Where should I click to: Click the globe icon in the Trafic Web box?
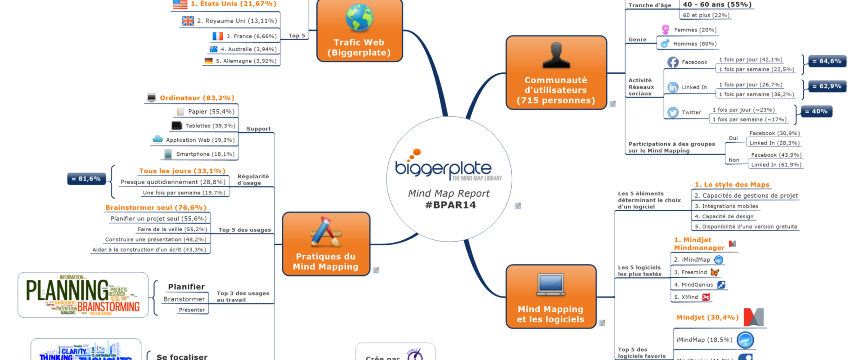(x=359, y=18)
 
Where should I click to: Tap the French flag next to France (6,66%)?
(x=218, y=36)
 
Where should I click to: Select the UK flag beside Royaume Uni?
(x=188, y=21)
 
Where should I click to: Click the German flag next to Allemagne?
(x=208, y=61)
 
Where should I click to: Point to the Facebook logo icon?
(x=673, y=62)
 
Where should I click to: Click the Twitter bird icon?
(x=673, y=112)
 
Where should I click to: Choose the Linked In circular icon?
(x=673, y=87)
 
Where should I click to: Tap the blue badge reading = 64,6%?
(x=827, y=61)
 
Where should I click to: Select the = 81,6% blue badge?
(x=86, y=179)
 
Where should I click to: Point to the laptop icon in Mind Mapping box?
(x=551, y=285)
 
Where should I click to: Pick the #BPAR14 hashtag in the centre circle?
(x=450, y=205)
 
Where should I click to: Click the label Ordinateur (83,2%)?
(x=197, y=98)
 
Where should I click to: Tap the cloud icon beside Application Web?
(x=157, y=139)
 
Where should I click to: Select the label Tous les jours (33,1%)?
(x=182, y=171)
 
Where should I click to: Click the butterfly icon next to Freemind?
(x=715, y=272)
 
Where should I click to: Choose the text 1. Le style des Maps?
(x=732, y=184)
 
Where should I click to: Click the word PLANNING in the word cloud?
(x=67, y=290)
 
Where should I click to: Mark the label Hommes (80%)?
(x=694, y=44)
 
